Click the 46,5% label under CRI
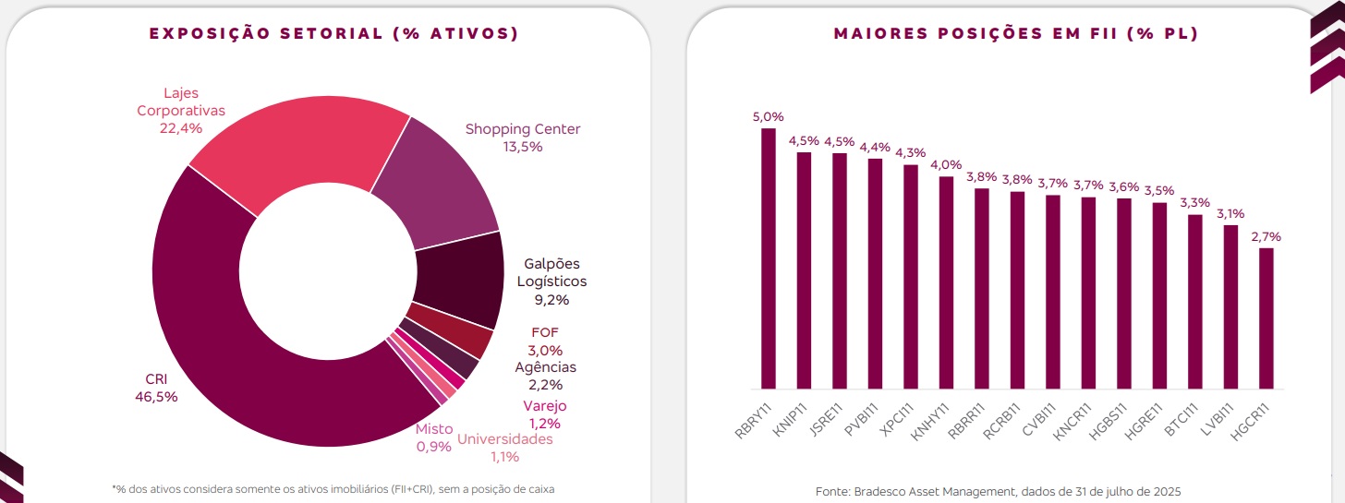pos(156,397)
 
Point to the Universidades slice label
pos(504,439)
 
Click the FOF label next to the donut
pos(545,332)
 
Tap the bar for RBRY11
pos(769,258)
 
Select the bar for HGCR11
pos(1266,318)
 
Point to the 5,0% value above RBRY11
pos(768,116)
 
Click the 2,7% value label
pos(1266,236)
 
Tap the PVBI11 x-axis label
pos(863,422)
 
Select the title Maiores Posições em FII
pos(1016,33)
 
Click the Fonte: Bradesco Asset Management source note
pos(998,491)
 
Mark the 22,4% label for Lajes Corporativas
pos(181,128)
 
